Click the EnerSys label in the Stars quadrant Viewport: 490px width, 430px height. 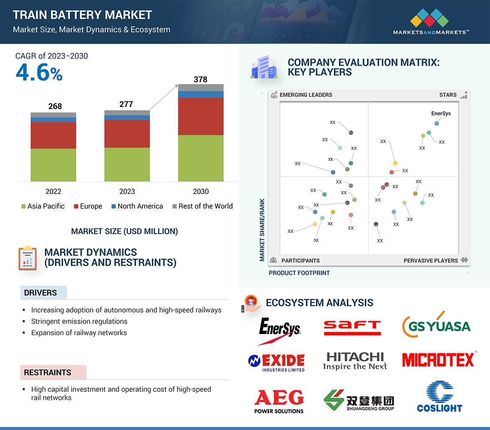coord(441,114)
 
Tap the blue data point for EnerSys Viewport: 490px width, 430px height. coord(437,124)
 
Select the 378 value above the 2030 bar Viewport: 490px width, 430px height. coord(201,79)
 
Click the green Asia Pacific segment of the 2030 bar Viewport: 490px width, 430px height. coord(201,158)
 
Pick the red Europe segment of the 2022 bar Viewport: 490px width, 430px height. coord(53,135)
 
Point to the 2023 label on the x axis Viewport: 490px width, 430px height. coord(127,192)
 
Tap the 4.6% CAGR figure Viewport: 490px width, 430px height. coord(39,73)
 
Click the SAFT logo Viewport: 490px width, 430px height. coord(352,327)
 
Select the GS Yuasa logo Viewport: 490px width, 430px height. coord(436,326)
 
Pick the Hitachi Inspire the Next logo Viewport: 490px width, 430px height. coord(355,361)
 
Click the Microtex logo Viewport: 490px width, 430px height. coord(438,360)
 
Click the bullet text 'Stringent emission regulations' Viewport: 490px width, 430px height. coord(79,321)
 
